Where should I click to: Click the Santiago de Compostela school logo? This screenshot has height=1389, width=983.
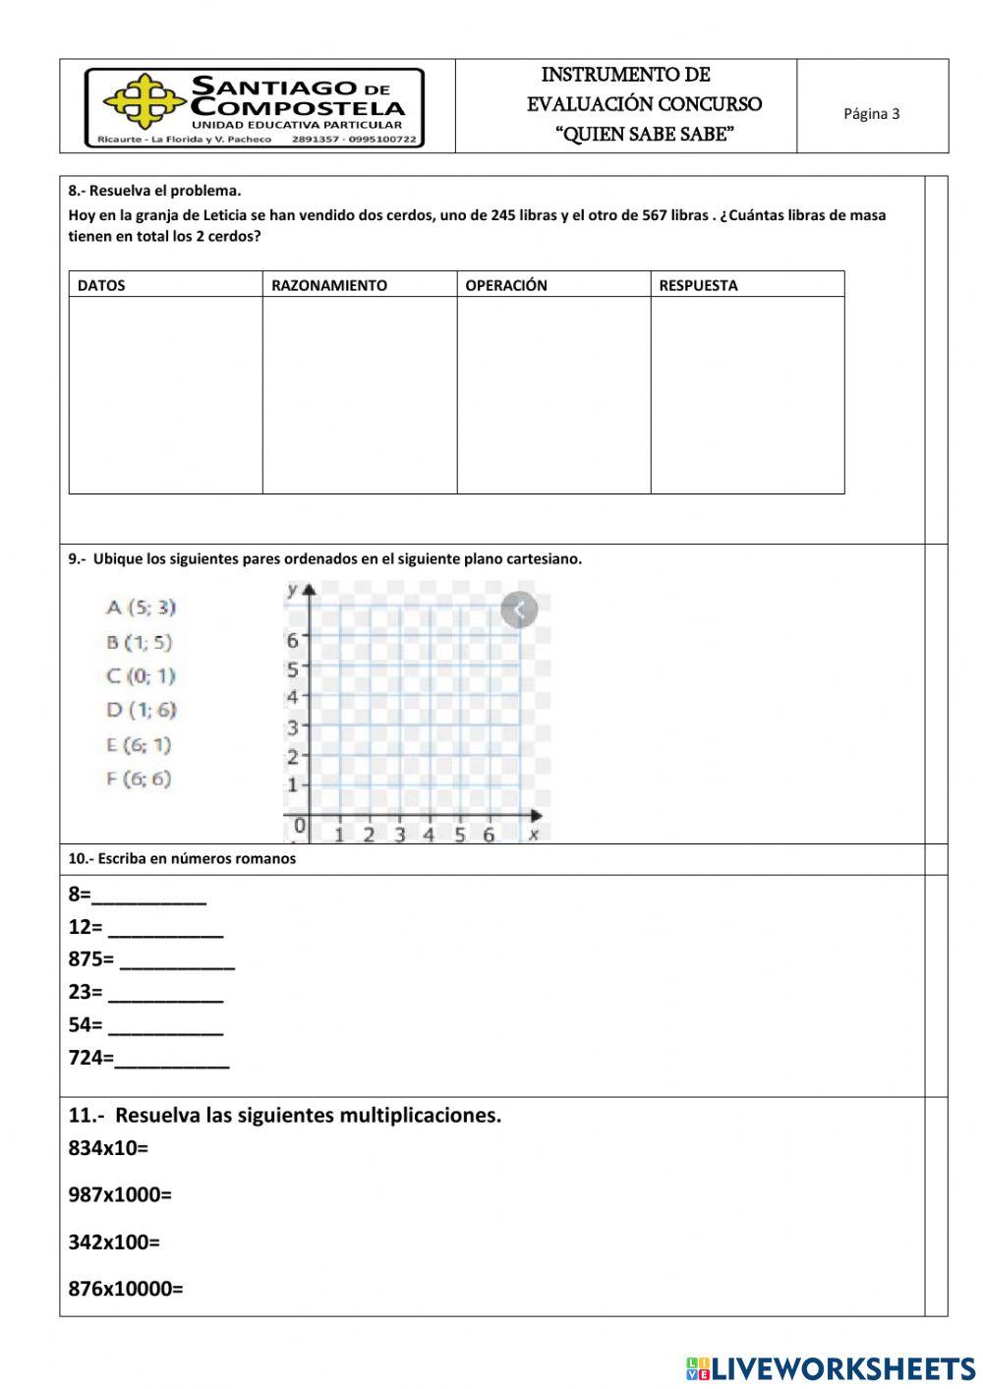pos(255,107)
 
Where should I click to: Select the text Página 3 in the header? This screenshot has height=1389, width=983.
pos(871,114)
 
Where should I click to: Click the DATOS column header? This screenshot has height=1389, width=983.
pos(101,286)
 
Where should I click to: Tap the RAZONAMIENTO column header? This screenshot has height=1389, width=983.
pos(329,286)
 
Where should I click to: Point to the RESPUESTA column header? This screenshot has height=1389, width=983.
pos(698,286)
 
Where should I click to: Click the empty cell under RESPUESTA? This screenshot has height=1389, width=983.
pos(747,394)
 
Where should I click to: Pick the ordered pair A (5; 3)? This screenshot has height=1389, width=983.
pos(141,608)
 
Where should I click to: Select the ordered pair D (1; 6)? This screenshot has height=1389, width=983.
pos(141,710)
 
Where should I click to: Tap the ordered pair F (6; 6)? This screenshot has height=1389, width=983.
pos(139,779)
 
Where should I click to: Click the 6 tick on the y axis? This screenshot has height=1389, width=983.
pos(292,641)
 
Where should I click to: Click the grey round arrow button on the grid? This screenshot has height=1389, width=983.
pos(519,610)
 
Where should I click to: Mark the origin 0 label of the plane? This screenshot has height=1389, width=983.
pos(300,826)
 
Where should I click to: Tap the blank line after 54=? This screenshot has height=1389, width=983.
pos(165,1027)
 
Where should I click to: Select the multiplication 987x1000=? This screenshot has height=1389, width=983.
pos(120,1195)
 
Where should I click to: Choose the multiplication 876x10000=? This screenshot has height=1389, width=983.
pos(126,1289)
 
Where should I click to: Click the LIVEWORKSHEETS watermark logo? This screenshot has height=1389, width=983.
pos(831,1368)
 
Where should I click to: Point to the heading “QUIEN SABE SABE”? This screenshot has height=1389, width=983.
pos(645,135)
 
